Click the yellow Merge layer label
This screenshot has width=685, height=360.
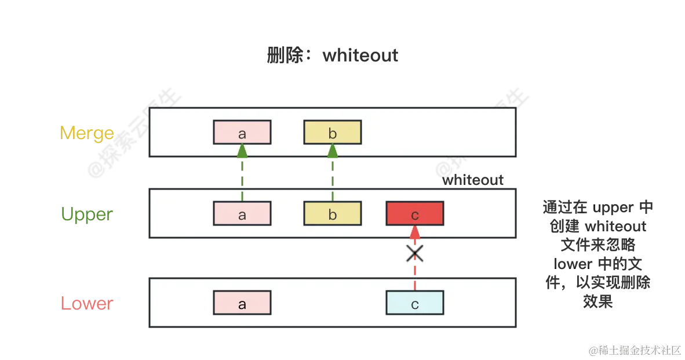click(x=87, y=133)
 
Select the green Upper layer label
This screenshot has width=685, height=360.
click(x=88, y=214)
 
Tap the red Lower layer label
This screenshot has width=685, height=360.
click(x=88, y=303)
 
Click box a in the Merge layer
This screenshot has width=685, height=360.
click(x=242, y=133)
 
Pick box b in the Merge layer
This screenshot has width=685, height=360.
click(x=333, y=133)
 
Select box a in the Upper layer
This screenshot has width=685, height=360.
click(x=242, y=214)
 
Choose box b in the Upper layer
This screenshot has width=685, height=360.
click(x=333, y=214)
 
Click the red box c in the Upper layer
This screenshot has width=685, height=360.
click(x=415, y=214)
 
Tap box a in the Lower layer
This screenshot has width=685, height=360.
click(x=242, y=303)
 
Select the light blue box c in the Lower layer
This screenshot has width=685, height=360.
click(x=415, y=303)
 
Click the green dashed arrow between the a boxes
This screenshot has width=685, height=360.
click(x=242, y=172)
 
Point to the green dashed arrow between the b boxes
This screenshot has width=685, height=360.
click(x=333, y=172)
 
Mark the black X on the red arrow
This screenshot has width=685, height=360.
click(x=415, y=253)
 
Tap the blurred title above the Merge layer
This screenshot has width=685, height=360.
click(x=331, y=56)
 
